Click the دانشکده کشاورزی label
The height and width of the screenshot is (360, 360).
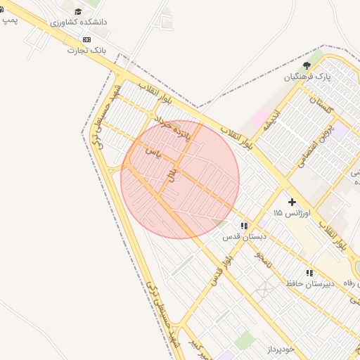pos(79,22)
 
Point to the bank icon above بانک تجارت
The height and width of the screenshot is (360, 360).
pos(86,39)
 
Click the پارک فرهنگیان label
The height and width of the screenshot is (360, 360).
pos(307,76)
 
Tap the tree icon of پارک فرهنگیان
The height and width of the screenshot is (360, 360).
pos(307,65)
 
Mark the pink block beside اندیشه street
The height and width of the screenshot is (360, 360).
pos(259,116)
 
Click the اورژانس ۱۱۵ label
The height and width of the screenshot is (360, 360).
pos(287,212)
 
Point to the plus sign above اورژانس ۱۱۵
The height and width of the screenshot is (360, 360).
pos(292,202)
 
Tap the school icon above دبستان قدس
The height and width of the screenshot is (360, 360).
pos(243,226)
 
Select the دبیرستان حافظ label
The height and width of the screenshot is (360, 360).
pos(304,283)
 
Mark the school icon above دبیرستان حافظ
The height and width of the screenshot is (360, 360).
pos(309,272)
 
